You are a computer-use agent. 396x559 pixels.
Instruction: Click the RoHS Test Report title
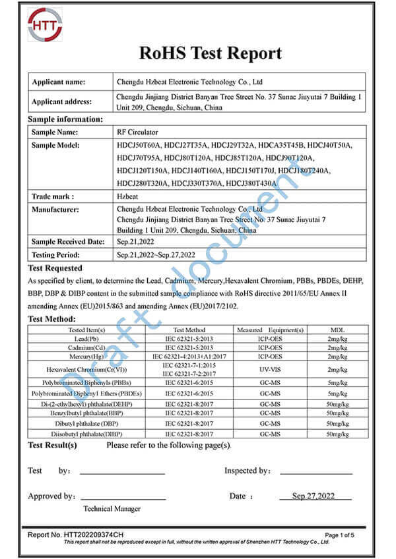(209, 53)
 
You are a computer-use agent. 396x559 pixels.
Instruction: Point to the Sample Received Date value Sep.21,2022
(138, 242)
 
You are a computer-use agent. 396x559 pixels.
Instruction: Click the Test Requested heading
(55, 268)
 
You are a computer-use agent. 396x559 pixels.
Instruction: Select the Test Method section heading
(52, 319)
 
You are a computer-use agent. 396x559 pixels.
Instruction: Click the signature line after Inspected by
(313, 473)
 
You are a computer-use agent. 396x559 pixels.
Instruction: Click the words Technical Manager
(112, 509)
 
